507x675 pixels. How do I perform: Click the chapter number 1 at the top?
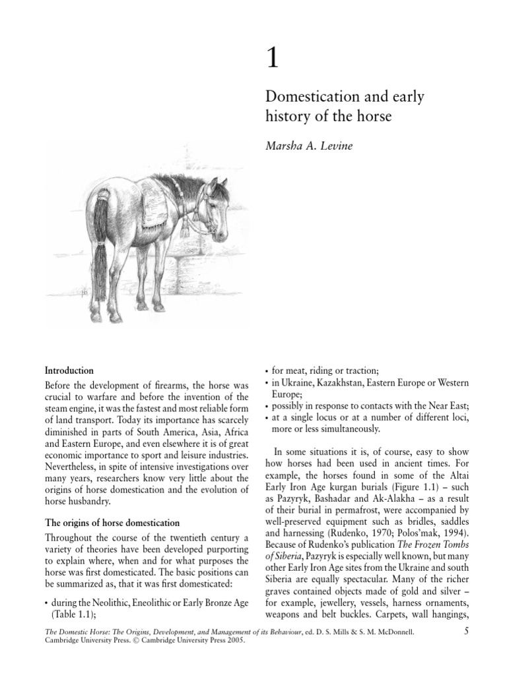coord(272,60)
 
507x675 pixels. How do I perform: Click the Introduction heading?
coord(69,370)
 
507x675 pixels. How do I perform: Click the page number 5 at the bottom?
coord(466,633)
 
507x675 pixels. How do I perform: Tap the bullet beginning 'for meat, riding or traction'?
coord(324,370)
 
